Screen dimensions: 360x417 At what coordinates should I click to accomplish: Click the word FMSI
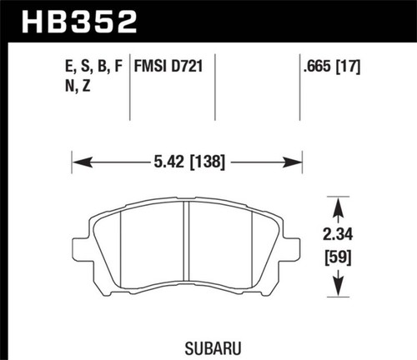[152, 62]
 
